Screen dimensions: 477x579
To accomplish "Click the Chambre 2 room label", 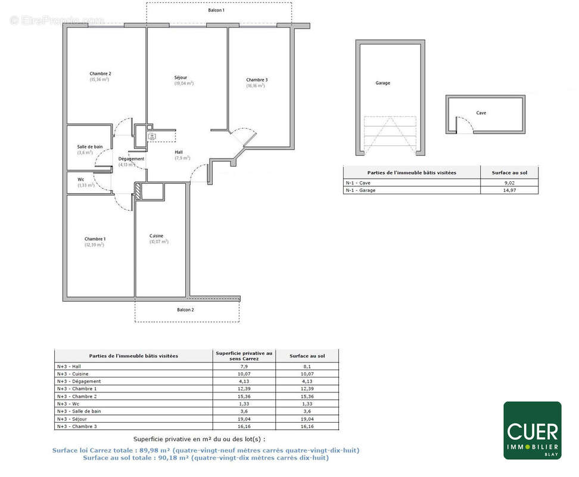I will [100, 74].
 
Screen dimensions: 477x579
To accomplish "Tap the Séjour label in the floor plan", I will [180, 78].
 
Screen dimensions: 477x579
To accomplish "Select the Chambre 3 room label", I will [257, 80].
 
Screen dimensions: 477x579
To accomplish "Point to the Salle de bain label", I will [89, 147].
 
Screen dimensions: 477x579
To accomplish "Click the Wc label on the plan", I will [80, 179].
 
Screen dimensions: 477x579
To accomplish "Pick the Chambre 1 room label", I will [94, 239].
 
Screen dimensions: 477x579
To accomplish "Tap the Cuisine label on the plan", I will [157, 236].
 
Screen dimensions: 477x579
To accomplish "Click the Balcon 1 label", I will [216, 11].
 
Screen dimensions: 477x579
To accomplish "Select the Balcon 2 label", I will [185, 310].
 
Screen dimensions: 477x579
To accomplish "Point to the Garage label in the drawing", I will [383, 83].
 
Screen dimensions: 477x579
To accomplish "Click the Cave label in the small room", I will [481, 113].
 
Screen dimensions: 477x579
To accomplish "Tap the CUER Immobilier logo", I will [532, 430].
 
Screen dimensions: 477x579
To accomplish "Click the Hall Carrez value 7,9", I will [244, 367].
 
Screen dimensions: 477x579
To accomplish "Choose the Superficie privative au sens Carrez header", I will [244, 355].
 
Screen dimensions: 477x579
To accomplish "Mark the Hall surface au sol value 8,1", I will [307, 367].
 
